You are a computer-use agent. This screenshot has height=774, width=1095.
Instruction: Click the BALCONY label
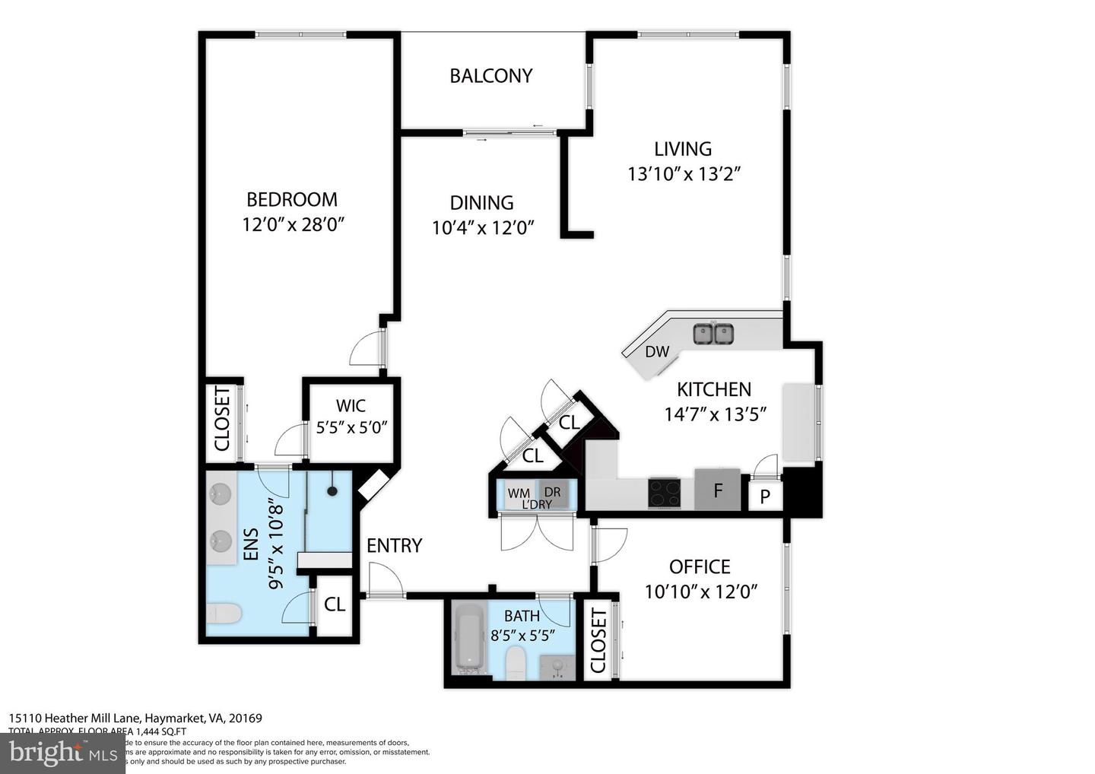click(x=490, y=76)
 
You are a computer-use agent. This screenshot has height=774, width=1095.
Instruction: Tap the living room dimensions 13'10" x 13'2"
click(x=684, y=174)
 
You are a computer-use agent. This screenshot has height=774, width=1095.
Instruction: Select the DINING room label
click(x=481, y=202)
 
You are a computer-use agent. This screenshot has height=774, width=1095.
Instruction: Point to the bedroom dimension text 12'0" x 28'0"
click(x=292, y=224)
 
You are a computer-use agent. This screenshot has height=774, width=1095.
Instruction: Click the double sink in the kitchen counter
click(x=713, y=334)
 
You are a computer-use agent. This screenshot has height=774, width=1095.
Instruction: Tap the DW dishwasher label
click(x=657, y=351)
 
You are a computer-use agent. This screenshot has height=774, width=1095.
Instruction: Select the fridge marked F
click(x=717, y=490)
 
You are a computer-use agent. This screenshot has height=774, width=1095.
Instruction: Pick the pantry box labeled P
click(x=766, y=496)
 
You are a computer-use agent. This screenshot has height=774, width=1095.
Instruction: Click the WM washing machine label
click(x=519, y=493)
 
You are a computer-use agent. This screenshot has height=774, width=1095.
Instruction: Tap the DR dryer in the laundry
click(x=552, y=492)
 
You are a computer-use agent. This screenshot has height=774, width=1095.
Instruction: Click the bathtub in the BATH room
click(x=468, y=637)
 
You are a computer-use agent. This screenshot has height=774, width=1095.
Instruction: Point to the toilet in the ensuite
click(x=224, y=613)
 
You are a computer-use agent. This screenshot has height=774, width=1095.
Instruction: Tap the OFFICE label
click(x=700, y=566)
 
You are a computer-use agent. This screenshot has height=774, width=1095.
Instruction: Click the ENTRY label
click(x=394, y=545)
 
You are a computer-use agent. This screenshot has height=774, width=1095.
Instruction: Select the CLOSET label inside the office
click(x=598, y=640)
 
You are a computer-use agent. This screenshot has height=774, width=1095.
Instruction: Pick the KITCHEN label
click(x=714, y=389)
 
